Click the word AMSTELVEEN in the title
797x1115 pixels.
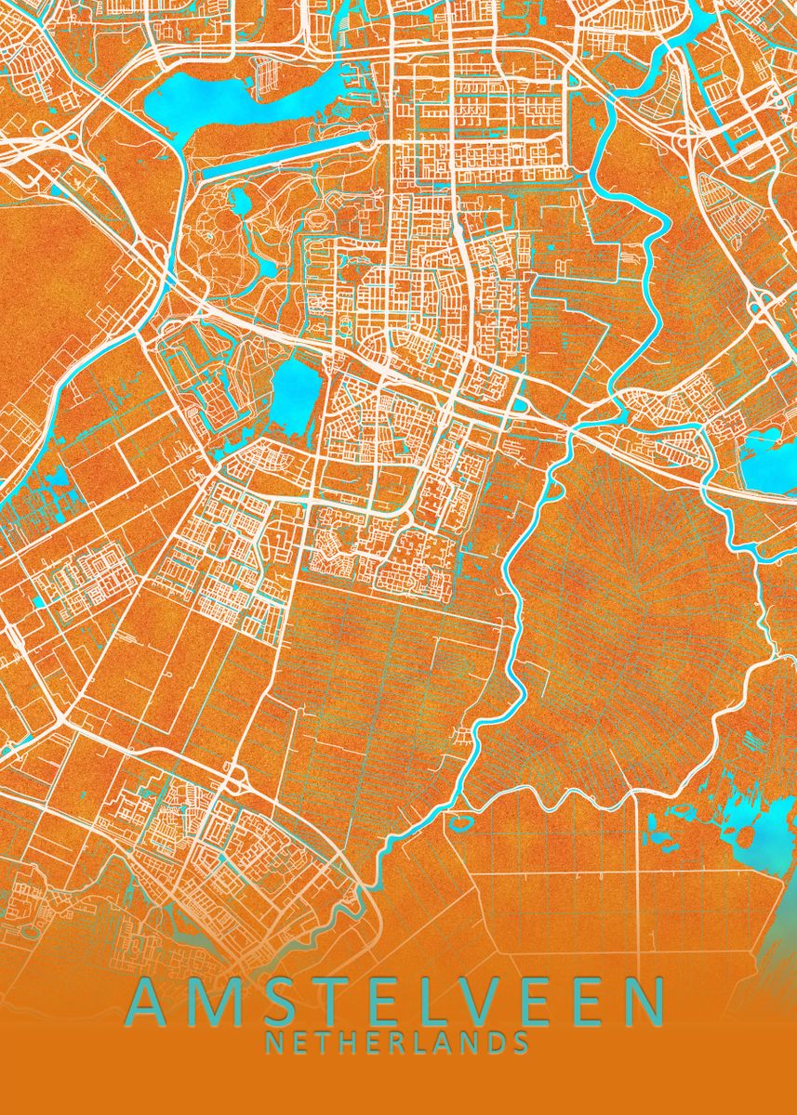pyautogui.click(x=397, y=1001)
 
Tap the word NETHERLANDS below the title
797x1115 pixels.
pyautogui.click(x=397, y=1043)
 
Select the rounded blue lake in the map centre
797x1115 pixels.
pyautogui.click(x=295, y=395)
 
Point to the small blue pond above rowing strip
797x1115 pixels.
pyautogui.click(x=240, y=198)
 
